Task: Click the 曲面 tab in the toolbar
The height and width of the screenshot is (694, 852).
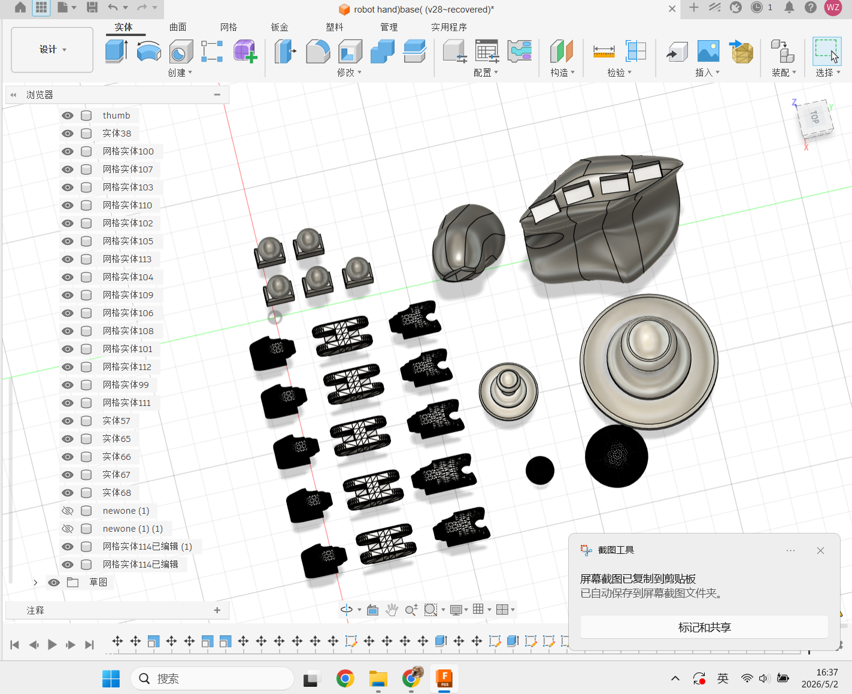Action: point(178,27)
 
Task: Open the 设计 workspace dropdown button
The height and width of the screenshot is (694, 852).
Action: point(53,50)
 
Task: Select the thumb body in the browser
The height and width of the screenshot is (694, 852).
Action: point(116,116)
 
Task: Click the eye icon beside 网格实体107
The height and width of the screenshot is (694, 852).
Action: point(68,169)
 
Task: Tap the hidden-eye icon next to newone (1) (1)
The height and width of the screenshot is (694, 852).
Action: point(68,529)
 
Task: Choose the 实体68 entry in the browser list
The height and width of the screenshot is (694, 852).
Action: point(116,493)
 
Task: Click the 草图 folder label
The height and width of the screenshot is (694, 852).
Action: point(98,583)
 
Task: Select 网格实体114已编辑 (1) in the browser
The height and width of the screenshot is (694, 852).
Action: point(147,547)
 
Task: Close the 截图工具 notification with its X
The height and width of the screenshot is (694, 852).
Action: point(820,551)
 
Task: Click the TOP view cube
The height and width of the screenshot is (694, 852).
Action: point(815,118)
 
